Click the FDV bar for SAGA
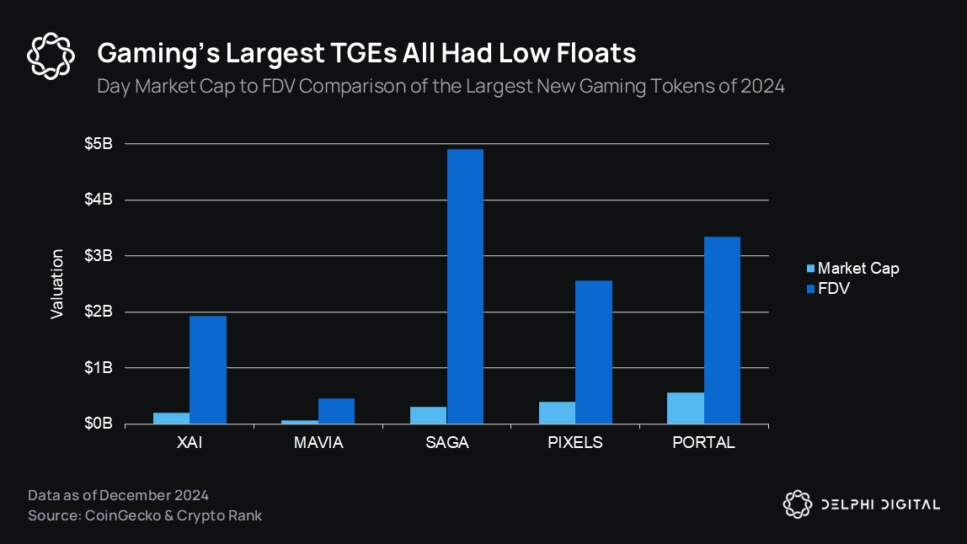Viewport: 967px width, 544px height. [x=465, y=286]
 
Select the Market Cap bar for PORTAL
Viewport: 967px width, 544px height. [x=686, y=408]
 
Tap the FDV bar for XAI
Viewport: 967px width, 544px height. [x=208, y=370]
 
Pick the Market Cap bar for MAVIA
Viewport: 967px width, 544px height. [x=300, y=421]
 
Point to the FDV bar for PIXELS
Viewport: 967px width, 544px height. [x=594, y=352]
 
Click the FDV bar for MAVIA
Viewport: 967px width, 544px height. [x=336, y=411]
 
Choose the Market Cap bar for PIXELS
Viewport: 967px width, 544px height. [x=557, y=413]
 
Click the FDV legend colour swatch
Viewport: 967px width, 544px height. [x=810, y=289]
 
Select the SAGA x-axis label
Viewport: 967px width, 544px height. [x=446, y=443]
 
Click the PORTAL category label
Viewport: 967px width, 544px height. [x=703, y=443]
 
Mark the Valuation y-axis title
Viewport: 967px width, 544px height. [x=57, y=284]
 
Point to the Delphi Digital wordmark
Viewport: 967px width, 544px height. [x=880, y=504]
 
